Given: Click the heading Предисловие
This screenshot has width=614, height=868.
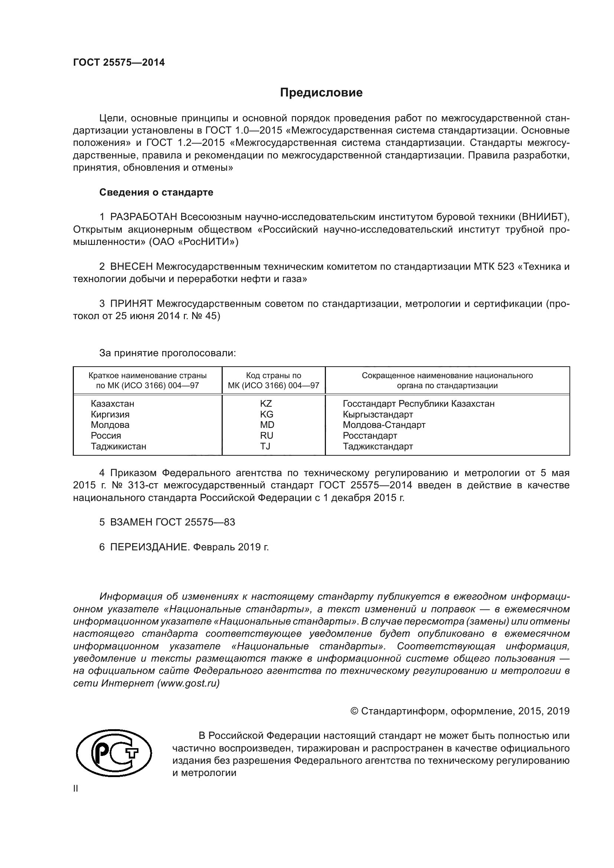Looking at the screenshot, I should point(321,93).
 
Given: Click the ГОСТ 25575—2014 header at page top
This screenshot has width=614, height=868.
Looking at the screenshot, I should point(119,63).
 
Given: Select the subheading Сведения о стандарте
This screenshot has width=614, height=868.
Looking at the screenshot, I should point(156,193).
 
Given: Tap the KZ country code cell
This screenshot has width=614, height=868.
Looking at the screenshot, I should point(266,404).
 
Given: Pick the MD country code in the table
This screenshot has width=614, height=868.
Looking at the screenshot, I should point(267,425).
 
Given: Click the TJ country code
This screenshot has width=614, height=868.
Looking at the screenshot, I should point(265,446).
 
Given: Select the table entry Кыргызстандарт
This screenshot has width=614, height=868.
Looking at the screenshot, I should point(378,415).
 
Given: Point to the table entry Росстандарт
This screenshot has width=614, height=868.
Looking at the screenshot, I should point(370,436).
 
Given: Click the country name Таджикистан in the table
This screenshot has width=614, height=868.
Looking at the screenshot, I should point(118,446).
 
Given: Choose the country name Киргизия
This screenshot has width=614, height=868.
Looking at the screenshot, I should point(110,415).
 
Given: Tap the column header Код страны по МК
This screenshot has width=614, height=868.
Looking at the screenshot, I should point(273,381).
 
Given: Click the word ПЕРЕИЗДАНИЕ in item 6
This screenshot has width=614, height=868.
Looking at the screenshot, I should point(149,547).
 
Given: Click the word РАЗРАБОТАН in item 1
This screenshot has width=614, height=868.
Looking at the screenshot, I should point(143,217).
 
